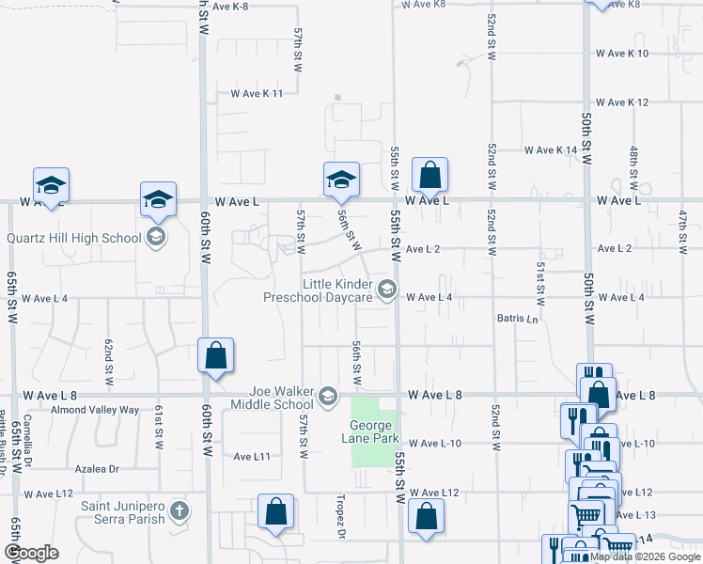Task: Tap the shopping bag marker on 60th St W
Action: (216, 357)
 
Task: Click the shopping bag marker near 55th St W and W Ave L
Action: (430, 176)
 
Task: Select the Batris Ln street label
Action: (519, 319)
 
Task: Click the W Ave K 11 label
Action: (257, 94)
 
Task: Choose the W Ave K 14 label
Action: (551, 150)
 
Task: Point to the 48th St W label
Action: (634, 164)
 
